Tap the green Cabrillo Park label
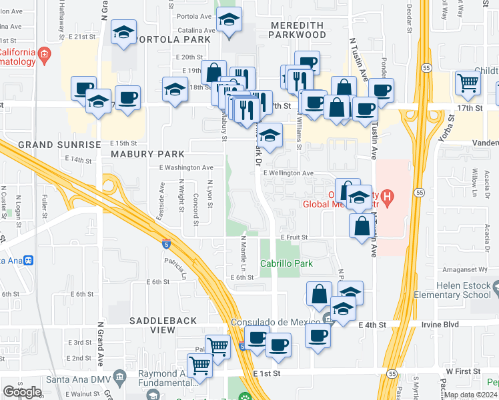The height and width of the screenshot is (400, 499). point(286,263)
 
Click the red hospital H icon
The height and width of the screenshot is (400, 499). point(388,196)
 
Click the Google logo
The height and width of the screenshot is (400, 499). point(22,391)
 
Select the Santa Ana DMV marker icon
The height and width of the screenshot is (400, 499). point(119,377)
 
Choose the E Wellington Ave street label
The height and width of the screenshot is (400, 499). point(288,173)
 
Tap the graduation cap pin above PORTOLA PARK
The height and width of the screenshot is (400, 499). point(123,33)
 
